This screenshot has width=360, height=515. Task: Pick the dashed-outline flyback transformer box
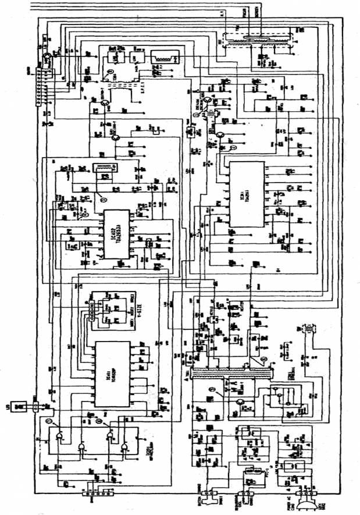coord(256,41)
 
